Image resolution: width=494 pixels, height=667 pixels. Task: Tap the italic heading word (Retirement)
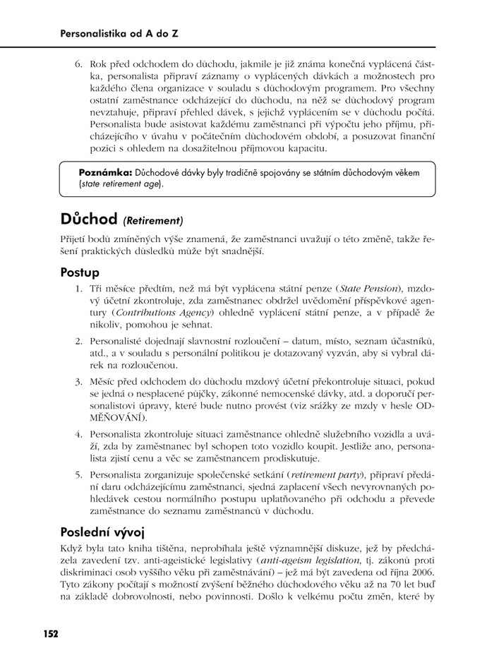(x=153, y=220)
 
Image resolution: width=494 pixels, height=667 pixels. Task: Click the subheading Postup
(x=80, y=272)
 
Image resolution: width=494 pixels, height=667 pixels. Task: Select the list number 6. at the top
(x=79, y=66)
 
